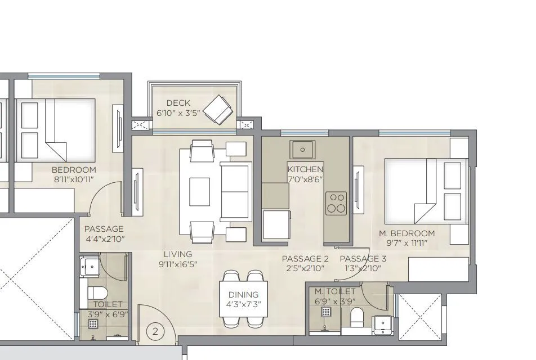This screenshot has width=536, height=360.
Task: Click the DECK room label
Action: pos(178,103)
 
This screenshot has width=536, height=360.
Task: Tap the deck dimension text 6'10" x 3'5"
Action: pos(178,113)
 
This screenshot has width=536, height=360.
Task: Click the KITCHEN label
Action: pos(306,169)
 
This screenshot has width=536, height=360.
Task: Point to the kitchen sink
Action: pos(303,150)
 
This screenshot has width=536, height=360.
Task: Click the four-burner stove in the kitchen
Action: pos(337,203)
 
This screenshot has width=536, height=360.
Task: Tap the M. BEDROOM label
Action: pos(407,233)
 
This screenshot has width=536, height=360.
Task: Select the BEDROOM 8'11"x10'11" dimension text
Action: pos(74,179)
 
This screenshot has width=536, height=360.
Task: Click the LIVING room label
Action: pos(178,254)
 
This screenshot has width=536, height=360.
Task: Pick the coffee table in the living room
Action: pos(199,192)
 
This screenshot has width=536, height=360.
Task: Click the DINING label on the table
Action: pos(243,295)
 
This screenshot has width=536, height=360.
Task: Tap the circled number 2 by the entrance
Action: pos(156,332)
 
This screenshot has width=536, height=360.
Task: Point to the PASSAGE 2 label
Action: pos(305,259)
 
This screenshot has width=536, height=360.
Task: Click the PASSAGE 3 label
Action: pos(363,259)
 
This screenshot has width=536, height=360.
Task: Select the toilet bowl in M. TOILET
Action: pos(357,318)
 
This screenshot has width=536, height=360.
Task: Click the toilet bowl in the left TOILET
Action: pos(97,293)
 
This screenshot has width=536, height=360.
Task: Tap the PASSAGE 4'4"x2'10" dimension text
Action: pos(105,239)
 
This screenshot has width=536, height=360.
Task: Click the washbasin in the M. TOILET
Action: pos(382,326)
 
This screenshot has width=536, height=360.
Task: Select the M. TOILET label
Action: pos(335,291)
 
